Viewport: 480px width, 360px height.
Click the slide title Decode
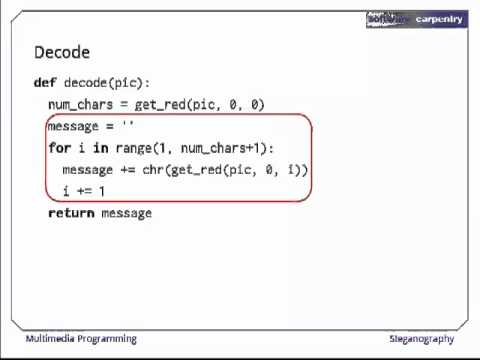pos(62,52)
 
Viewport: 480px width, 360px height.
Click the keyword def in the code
pos(44,83)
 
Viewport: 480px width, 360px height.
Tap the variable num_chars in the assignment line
pos(80,105)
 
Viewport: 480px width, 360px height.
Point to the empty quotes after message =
pos(127,126)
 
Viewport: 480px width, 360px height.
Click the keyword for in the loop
pos(59,148)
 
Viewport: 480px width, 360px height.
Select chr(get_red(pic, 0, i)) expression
pos(225,170)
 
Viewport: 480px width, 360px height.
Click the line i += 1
pos(83,191)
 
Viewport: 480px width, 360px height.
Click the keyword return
pos(71,213)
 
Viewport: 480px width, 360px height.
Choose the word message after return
pos(126,213)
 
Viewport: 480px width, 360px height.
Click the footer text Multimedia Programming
pos(81,338)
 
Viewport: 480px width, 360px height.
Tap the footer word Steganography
pos(421,338)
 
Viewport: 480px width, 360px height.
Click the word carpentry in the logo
pos(438,19)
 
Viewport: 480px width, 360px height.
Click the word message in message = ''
pos(73,126)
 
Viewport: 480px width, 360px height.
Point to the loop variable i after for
pos(81,148)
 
